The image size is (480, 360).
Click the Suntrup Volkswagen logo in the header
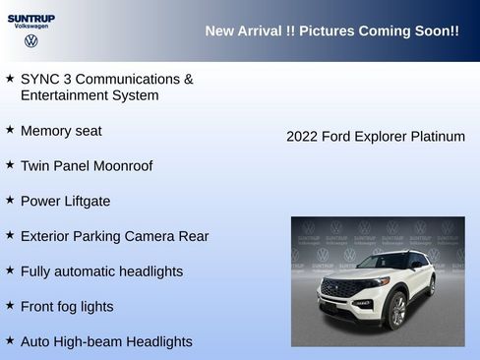(x=30, y=30)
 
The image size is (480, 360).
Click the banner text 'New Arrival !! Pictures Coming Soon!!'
(x=331, y=31)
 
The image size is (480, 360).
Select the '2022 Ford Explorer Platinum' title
(x=375, y=137)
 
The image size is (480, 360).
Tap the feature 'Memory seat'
(x=61, y=131)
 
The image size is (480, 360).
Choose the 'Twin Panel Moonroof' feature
(x=87, y=166)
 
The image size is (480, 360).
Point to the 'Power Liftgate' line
(x=65, y=202)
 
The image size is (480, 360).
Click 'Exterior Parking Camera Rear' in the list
(x=114, y=237)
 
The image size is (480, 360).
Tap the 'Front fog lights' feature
(x=67, y=307)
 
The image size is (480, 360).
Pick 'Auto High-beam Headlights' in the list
(x=106, y=342)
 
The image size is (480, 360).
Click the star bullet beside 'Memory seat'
(x=10, y=129)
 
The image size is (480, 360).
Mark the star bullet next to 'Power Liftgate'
(x=10, y=200)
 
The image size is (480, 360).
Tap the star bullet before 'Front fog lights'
(x=10, y=305)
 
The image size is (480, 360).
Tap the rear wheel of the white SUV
(x=431, y=286)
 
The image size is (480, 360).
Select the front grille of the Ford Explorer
(x=340, y=291)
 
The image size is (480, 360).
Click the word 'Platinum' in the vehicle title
(x=437, y=137)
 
